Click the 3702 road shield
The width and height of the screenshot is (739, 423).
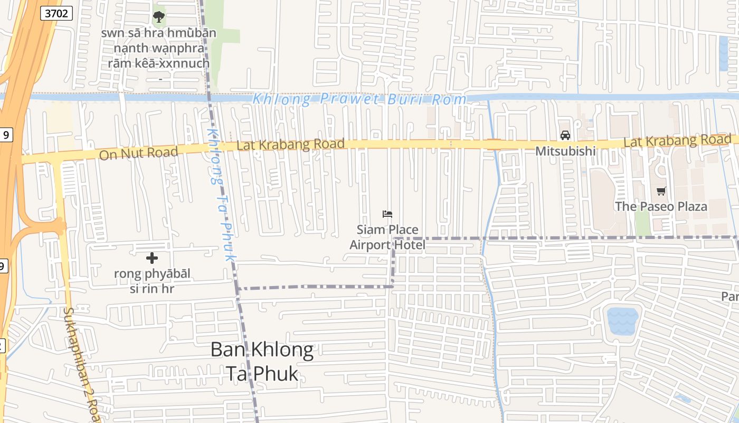coord(56,13)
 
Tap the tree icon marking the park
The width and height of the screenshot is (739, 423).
coord(158,17)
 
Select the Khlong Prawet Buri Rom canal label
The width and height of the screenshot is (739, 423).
coord(359,99)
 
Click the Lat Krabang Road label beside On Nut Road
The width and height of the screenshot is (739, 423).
coord(290,144)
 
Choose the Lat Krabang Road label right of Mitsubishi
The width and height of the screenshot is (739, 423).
coord(677,141)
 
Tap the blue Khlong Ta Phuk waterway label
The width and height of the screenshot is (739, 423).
coord(220,194)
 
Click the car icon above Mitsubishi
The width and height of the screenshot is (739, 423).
coord(565,135)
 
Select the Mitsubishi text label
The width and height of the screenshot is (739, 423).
coord(565,151)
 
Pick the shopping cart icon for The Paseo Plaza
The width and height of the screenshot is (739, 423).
coord(661,191)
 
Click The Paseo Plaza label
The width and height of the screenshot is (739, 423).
coord(661,206)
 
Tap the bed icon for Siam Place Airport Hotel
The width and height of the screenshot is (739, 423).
coord(387,214)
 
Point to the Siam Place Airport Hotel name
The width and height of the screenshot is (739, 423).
coord(387,237)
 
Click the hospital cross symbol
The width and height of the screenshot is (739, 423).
coord(152,258)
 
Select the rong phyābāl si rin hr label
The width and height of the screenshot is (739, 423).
coord(152,281)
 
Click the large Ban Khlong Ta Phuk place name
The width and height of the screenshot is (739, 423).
coord(262,361)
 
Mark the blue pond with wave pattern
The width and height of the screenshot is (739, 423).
coord(622,320)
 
